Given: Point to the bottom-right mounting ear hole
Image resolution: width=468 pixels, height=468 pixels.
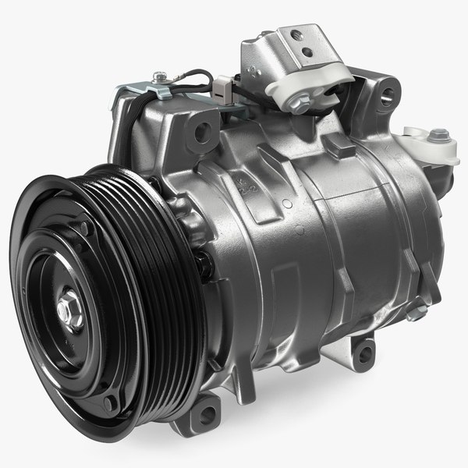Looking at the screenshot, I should click(360, 355).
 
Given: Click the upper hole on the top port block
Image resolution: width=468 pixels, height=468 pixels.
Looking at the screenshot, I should click(295, 35).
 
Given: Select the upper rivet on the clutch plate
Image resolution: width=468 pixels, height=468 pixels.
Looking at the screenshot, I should click(83, 228).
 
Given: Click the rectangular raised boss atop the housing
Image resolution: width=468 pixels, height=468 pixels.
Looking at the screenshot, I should click(338, 145).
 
